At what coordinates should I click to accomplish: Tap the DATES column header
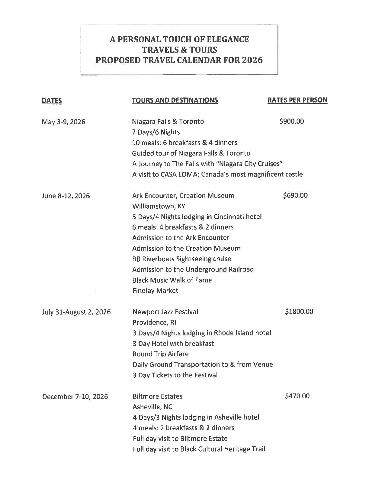(52, 101)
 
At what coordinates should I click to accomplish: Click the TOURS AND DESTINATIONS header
(175, 100)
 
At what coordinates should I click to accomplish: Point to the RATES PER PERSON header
(297, 100)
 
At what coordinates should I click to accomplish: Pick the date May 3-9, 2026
(63, 122)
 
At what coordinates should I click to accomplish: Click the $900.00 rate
(292, 121)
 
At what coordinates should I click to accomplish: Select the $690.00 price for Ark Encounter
(295, 195)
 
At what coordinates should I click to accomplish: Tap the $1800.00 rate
(299, 311)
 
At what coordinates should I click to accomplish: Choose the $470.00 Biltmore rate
(297, 396)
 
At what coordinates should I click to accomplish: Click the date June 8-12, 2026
(66, 196)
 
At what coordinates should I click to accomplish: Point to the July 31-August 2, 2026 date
(76, 312)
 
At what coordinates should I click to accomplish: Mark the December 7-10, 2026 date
(75, 396)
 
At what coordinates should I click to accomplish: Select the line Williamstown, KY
(159, 206)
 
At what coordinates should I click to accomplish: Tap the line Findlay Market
(155, 291)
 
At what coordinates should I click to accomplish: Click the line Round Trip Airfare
(161, 354)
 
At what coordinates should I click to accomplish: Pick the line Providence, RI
(154, 322)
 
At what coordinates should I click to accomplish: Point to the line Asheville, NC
(152, 407)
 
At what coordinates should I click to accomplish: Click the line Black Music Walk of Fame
(172, 280)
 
